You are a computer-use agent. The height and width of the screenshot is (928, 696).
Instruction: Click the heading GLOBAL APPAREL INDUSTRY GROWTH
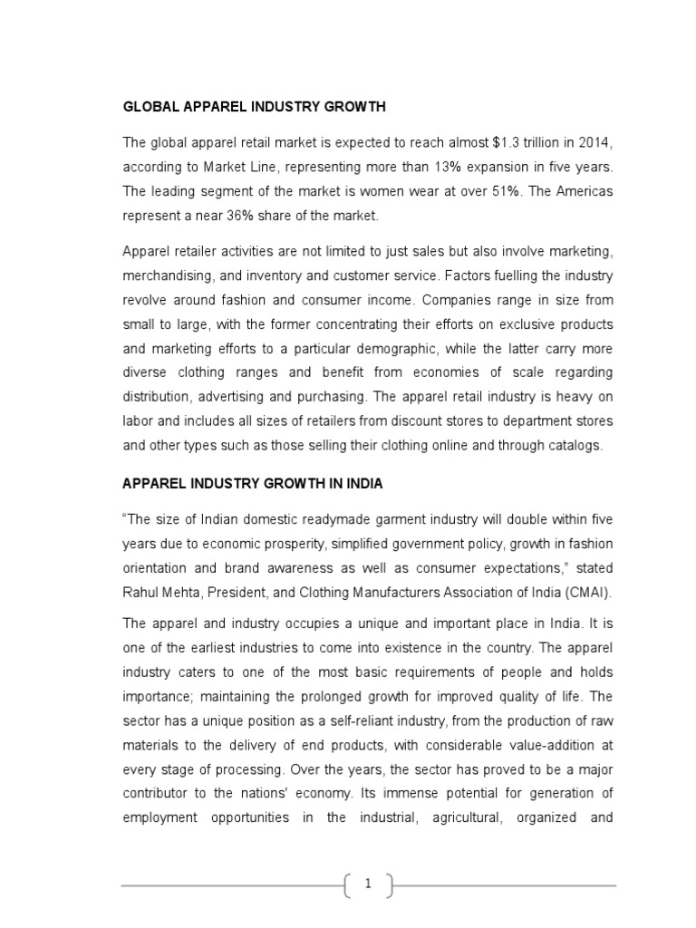254,107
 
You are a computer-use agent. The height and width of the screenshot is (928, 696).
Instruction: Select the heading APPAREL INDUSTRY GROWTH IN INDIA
253,484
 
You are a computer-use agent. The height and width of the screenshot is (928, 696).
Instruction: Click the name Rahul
141,593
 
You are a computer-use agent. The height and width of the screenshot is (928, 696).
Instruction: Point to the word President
238,593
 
